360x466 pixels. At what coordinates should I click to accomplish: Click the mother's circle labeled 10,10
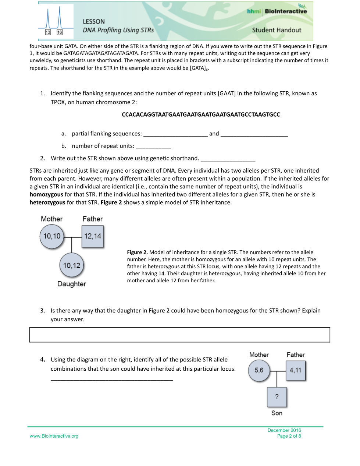coord(52,236)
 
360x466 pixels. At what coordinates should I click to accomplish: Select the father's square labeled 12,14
coord(93,236)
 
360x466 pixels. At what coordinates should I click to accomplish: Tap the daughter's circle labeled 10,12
coord(72,265)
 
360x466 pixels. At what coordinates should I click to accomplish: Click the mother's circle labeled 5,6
coord(259,370)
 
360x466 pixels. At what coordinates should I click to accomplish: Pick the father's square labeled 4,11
coord(295,370)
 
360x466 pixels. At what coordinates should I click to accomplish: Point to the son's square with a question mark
coord(277,397)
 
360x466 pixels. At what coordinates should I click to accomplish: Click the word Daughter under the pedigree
coord(72,284)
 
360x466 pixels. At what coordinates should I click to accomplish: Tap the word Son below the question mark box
coord(277,413)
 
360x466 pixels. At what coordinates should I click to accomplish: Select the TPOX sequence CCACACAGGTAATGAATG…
coord(201,114)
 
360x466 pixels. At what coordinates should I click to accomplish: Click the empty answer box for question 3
coord(179,335)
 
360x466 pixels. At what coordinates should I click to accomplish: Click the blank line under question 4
coord(111,379)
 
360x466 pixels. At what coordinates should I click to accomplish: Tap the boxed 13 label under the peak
coord(48,32)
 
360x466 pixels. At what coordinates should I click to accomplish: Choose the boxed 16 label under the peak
coord(60,32)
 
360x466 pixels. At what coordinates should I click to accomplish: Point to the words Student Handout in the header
coord(277,30)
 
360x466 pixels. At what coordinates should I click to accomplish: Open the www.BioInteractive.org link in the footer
coord(54,436)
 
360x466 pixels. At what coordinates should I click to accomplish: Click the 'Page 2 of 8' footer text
coord(289,436)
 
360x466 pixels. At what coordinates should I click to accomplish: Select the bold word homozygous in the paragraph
coord(46,194)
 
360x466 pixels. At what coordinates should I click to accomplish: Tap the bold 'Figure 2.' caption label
coord(137,253)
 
